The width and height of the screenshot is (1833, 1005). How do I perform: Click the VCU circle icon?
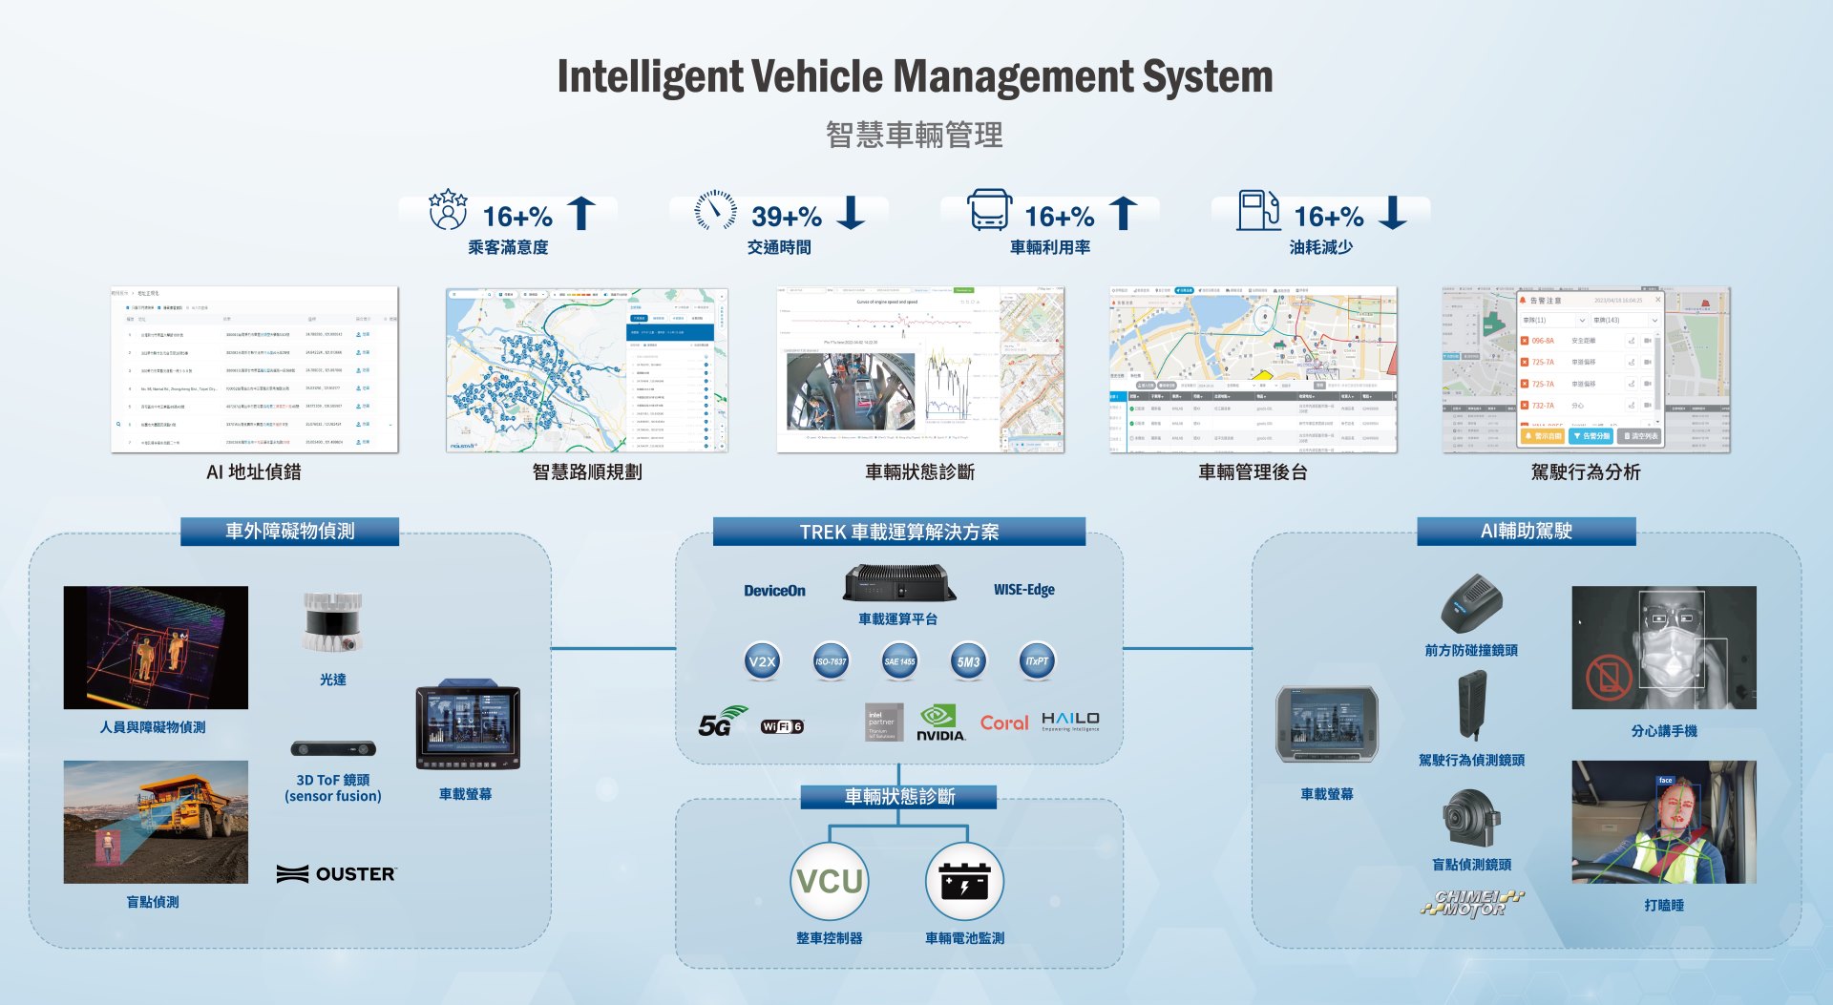click(x=829, y=881)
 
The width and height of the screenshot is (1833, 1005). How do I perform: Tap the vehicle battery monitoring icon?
click(x=964, y=881)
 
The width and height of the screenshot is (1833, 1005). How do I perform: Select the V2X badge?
click(x=762, y=661)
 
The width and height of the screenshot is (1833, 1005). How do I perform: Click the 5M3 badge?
click(x=968, y=661)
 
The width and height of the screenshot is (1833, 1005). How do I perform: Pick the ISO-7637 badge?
click(x=831, y=661)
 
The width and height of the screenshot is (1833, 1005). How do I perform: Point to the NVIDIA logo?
click(x=940, y=722)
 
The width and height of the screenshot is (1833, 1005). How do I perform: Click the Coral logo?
click(x=1004, y=723)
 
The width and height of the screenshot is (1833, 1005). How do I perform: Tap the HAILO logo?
click(x=1070, y=721)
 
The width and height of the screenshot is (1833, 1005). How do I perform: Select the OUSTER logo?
click(x=336, y=873)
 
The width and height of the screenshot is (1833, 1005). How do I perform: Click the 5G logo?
click(x=722, y=722)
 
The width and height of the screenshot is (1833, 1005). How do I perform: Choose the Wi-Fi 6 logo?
click(x=782, y=726)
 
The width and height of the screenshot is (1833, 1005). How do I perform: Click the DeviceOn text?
click(x=774, y=591)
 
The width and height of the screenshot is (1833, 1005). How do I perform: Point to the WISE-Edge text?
click(x=1023, y=590)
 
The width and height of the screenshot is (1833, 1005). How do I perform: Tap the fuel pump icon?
click(x=1258, y=210)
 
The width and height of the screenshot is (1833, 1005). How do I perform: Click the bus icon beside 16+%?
click(x=989, y=210)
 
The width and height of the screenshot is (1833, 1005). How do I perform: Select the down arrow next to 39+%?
click(x=851, y=212)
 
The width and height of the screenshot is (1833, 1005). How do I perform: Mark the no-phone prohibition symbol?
click(x=1609, y=677)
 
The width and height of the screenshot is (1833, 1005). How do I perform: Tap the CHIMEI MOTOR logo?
click(x=1471, y=903)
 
